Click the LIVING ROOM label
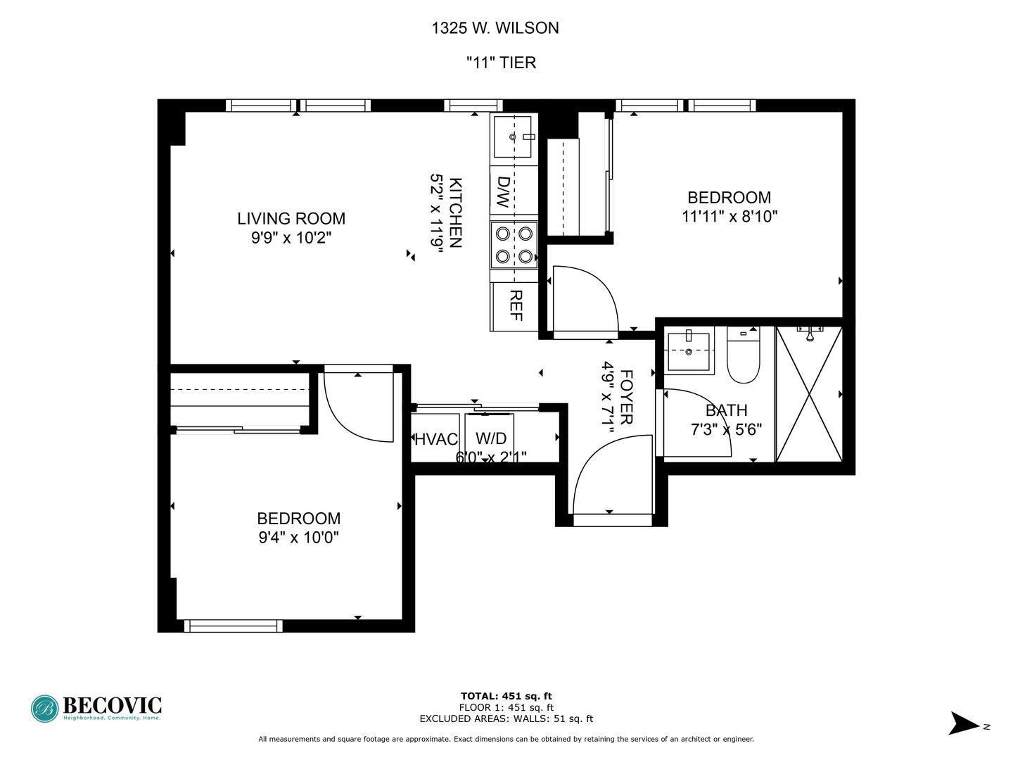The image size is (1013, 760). pyautogui.click(x=291, y=219)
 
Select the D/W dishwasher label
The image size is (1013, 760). pyautogui.click(x=503, y=191)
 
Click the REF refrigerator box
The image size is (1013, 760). pyautogui.click(x=514, y=306)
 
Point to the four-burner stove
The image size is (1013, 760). pyautogui.click(x=514, y=245)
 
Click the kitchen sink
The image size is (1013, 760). pyautogui.click(x=513, y=137)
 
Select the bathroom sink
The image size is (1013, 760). pyautogui.click(x=688, y=350)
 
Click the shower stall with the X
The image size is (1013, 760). pyautogui.click(x=808, y=394)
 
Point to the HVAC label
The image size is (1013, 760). pyautogui.click(x=436, y=440)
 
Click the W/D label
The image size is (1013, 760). pyautogui.click(x=491, y=438)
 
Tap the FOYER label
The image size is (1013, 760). pyautogui.click(x=626, y=398)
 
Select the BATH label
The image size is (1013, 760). pyautogui.click(x=726, y=410)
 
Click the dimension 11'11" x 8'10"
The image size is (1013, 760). pyautogui.click(x=729, y=217)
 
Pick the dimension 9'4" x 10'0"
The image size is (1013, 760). pyautogui.click(x=298, y=538)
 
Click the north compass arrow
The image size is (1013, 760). pyautogui.click(x=965, y=724)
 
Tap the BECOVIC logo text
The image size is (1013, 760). pyautogui.click(x=112, y=706)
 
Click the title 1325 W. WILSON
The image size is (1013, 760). pyautogui.click(x=495, y=28)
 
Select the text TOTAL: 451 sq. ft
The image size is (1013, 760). pyautogui.click(x=506, y=697)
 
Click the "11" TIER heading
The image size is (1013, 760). pyautogui.click(x=501, y=63)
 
